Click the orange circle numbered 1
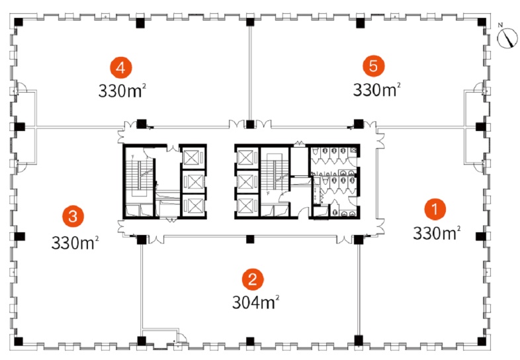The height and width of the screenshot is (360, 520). (x=435, y=209)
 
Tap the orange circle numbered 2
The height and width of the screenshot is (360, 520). (x=253, y=279)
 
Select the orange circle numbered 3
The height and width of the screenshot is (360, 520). (x=73, y=216)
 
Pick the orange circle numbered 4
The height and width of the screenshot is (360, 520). (x=121, y=67)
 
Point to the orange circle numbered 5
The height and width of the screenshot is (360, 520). (x=373, y=66)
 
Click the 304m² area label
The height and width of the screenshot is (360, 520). (x=255, y=302)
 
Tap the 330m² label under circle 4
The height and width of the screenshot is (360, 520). (x=122, y=91)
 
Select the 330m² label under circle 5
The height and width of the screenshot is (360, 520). (x=376, y=89)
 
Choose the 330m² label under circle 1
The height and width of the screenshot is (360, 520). (x=437, y=233)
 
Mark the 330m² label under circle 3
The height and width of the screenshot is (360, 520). (x=75, y=243)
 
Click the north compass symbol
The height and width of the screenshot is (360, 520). (x=507, y=38)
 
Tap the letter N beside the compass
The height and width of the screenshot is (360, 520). (x=500, y=24)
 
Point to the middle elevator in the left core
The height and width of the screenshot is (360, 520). (x=193, y=181)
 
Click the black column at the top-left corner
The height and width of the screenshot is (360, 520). (x=19, y=22)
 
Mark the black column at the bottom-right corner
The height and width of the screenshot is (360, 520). (x=482, y=341)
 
